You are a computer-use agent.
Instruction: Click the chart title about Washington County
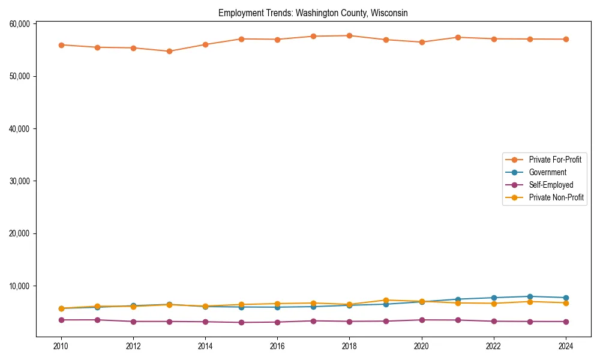point(313,13)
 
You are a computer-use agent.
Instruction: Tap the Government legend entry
point(547,172)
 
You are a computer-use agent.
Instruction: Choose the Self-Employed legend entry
point(551,185)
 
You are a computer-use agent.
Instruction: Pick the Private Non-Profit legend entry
point(556,197)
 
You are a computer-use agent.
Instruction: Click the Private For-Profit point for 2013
point(169,51)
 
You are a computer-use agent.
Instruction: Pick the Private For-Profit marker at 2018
point(349,35)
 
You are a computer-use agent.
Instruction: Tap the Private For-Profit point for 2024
point(566,39)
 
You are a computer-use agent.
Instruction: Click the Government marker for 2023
point(530,296)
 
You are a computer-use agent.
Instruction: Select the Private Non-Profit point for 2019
point(386,300)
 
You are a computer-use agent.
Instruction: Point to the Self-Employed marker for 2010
point(61,320)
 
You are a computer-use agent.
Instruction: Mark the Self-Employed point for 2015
point(241,322)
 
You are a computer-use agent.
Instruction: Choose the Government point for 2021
point(458,299)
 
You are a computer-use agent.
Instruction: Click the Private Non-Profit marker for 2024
point(566,303)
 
